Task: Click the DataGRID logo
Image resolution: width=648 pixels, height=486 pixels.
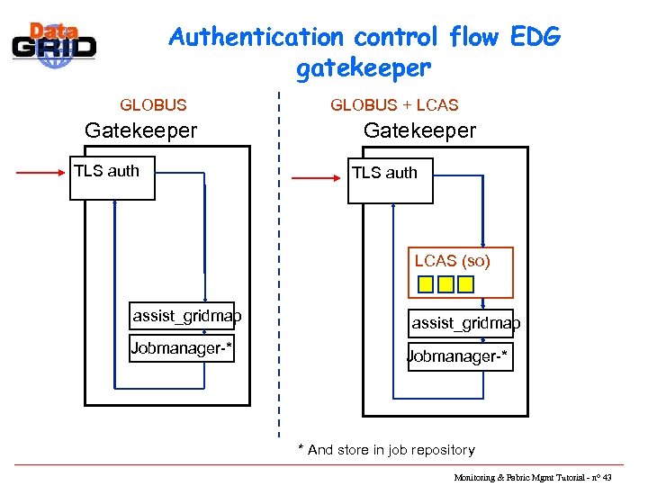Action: (x=53, y=41)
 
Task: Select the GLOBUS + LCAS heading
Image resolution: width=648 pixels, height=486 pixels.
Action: (x=394, y=105)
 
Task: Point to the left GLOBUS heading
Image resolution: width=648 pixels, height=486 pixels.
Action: (x=154, y=105)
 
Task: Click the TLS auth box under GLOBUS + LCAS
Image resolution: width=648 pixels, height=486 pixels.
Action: (x=390, y=180)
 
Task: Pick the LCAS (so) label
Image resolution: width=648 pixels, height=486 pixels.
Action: (x=452, y=261)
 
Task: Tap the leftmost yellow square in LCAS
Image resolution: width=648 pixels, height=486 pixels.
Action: (x=425, y=284)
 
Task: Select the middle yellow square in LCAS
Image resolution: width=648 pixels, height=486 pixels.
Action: (x=445, y=284)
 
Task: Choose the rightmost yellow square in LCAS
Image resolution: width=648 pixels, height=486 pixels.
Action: (x=465, y=284)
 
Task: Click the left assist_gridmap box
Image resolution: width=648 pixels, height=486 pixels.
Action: (x=183, y=316)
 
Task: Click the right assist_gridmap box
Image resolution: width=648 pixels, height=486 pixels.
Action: (x=463, y=323)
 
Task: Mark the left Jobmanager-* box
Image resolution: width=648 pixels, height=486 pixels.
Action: (x=182, y=348)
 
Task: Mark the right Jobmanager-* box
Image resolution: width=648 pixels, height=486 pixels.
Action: (x=460, y=357)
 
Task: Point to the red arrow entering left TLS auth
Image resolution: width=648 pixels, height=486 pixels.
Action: (x=42, y=170)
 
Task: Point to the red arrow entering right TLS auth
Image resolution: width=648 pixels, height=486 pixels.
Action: (x=319, y=178)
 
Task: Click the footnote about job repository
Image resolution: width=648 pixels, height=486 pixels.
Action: (x=387, y=449)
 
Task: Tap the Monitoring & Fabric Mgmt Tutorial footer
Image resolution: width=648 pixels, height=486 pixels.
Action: (x=532, y=477)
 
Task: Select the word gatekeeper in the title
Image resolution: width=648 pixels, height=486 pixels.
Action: (x=363, y=67)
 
